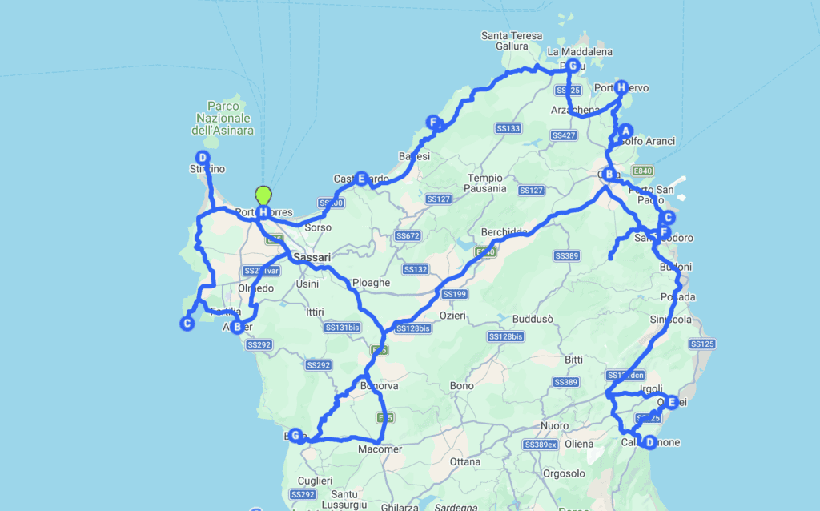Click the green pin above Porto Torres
[x=263, y=195]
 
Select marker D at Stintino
[x=203, y=158]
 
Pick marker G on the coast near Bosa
[x=296, y=435]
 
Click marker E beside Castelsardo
[x=362, y=178]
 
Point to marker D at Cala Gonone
[x=649, y=441]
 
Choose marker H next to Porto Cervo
[x=621, y=87]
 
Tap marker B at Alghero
[x=236, y=326]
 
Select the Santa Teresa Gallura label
[x=512, y=41]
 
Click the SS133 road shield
[x=508, y=128]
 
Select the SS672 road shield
[x=408, y=236]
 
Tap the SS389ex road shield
[x=540, y=444]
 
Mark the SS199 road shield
[x=453, y=294]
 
